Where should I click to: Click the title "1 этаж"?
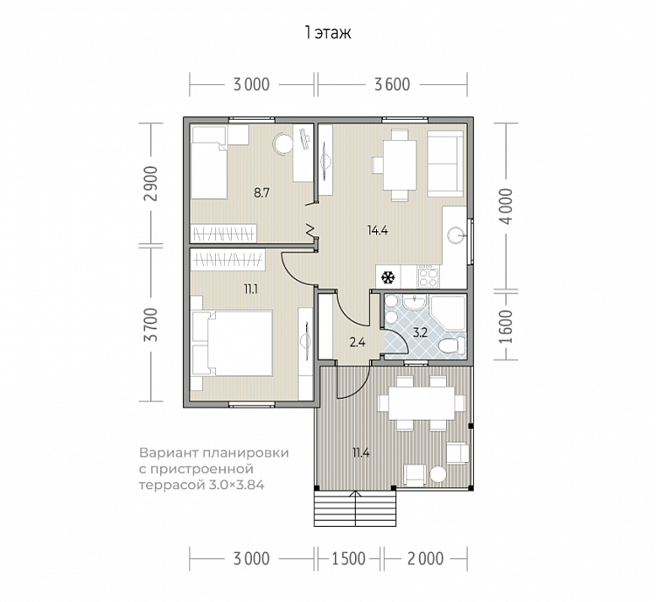(x=328, y=32)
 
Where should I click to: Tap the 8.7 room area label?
(x=262, y=193)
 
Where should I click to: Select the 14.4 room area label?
(x=377, y=230)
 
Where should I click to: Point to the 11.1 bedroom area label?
(x=251, y=290)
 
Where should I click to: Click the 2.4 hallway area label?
(x=358, y=343)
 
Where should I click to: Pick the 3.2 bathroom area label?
(x=420, y=332)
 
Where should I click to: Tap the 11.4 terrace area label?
(x=360, y=453)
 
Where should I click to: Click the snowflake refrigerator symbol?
(x=388, y=277)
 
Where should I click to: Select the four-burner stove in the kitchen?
(x=429, y=276)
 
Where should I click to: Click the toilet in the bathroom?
(x=453, y=346)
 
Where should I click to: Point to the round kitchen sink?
(x=455, y=235)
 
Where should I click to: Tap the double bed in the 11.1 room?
(x=232, y=343)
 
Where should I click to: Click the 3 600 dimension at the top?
(x=392, y=85)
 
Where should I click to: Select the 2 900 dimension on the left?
(x=151, y=184)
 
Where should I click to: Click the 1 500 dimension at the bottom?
(x=348, y=559)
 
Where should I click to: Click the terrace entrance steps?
(x=355, y=508)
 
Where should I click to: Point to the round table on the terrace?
(x=438, y=475)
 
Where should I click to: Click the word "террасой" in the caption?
(x=171, y=486)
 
